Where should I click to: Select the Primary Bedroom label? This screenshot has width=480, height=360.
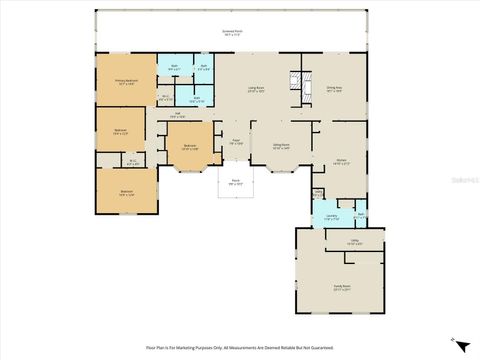126,81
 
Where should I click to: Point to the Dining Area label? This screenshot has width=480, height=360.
336,89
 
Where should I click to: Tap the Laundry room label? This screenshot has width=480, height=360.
331,216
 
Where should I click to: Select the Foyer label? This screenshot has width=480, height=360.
236,142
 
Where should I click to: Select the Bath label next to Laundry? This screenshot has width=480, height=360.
359,214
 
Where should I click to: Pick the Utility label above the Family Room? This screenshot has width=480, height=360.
354,242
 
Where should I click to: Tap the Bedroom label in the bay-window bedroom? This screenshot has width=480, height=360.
189,147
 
